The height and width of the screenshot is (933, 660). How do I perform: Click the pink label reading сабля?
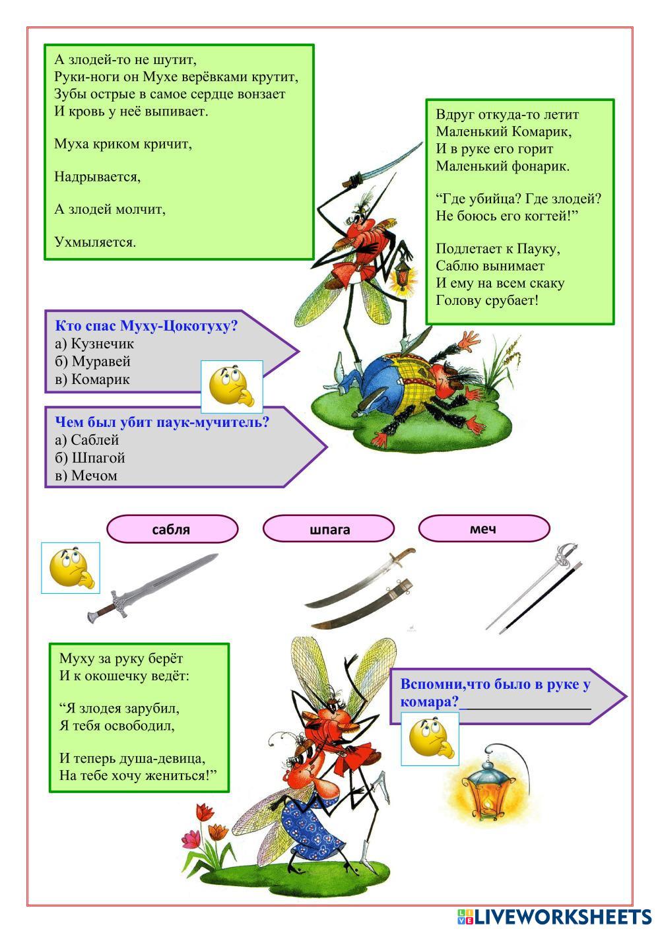click(172, 529)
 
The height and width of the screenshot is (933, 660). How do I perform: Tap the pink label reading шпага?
click(329, 529)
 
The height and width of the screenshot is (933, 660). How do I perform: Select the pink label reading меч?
click(484, 529)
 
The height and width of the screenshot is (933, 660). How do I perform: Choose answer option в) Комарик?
click(92, 379)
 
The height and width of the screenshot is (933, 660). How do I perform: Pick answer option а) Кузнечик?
click(94, 344)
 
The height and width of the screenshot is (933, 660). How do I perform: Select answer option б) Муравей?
click(92, 362)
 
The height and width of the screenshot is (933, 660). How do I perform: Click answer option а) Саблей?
click(87, 440)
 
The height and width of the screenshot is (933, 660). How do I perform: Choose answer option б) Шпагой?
click(90, 458)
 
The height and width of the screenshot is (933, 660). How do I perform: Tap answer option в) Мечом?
click(86, 476)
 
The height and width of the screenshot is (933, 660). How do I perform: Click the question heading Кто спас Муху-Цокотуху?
click(146, 326)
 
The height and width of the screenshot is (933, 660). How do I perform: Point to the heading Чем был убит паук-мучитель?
click(162, 422)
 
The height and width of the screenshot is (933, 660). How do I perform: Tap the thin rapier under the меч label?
click(535, 587)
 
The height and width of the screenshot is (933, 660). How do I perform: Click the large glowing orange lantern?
click(487, 785)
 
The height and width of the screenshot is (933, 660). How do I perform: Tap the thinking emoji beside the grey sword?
click(71, 567)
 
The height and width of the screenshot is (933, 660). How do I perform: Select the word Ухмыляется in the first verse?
click(95, 242)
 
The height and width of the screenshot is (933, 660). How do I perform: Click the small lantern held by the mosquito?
click(401, 274)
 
